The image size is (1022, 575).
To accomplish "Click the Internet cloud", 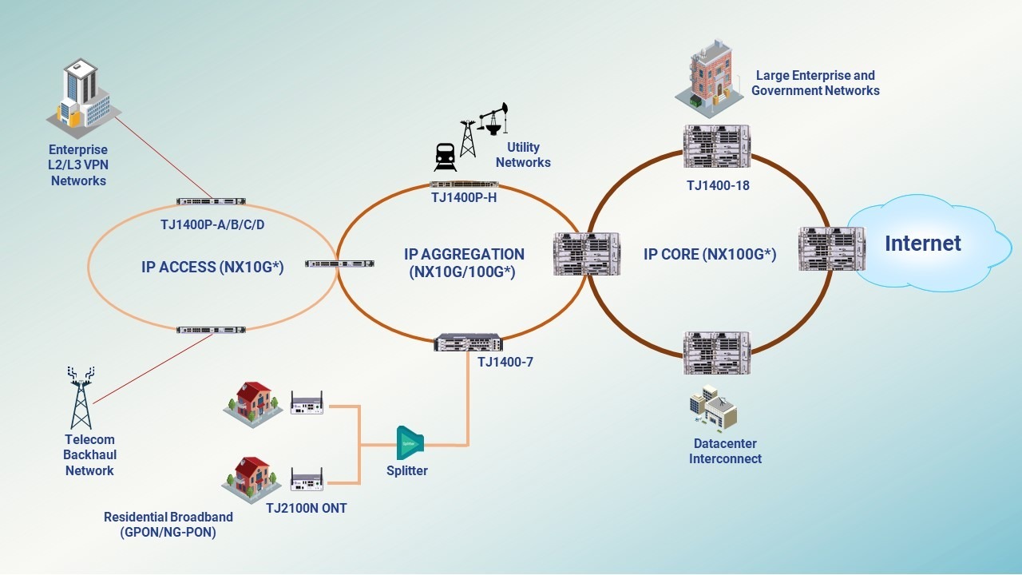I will pyautogui.click(x=926, y=243).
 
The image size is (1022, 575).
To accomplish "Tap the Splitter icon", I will pyautogui.click(x=409, y=442).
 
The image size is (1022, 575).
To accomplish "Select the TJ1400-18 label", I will pyautogui.click(x=718, y=185).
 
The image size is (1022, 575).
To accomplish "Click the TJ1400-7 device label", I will pyautogui.click(x=505, y=362).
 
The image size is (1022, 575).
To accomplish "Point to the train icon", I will pyautogui.click(x=445, y=157).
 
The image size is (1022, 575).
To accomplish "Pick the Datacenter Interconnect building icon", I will pyautogui.click(x=713, y=408).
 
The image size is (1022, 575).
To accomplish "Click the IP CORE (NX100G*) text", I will pyautogui.click(x=710, y=255).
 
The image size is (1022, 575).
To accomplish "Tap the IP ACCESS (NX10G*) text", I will pyautogui.click(x=212, y=267).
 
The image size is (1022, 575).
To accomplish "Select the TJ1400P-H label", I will pyautogui.click(x=464, y=197).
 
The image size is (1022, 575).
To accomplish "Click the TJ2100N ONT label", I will pyautogui.click(x=307, y=508).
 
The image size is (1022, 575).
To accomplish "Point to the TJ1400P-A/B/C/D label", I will pyautogui.click(x=212, y=224).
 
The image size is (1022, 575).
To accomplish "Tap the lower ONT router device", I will pyautogui.click(x=307, y=479).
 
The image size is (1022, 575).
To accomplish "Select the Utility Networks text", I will pyautogui.click(x=523, y=155).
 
